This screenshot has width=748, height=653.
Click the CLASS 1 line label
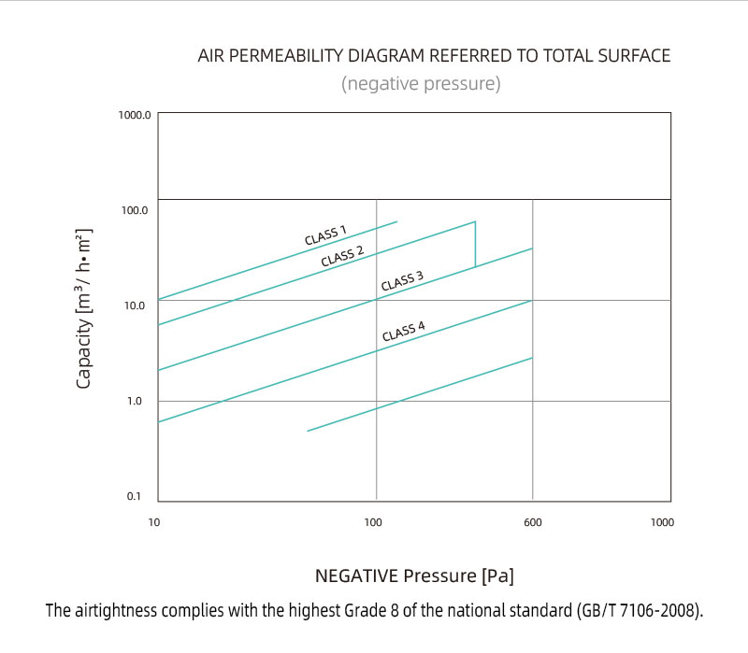click(325, 234)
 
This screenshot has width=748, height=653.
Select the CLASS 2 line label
click(342, 256)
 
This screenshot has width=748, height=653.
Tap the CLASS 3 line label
click(402, 280)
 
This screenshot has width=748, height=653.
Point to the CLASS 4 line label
click(403, 330)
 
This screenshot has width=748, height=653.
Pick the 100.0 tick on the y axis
click(136, 210)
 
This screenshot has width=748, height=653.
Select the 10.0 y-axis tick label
click(136, 305)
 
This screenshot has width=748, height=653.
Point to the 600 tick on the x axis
click(532, 521)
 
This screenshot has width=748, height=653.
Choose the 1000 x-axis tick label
click(661, 521)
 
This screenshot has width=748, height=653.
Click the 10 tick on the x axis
click(155, 521)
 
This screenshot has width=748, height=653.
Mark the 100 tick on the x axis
click(374, 521)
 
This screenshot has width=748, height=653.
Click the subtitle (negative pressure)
click(421, 84)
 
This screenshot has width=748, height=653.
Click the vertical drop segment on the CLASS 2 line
click(475, 244)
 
